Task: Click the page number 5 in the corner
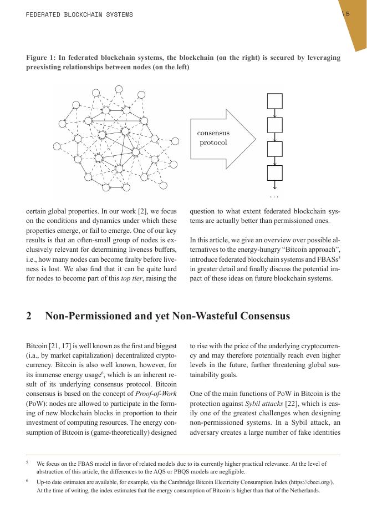348,14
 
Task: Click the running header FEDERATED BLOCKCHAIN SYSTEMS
79,14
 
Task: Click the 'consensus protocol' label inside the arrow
213,138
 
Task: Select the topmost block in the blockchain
275,101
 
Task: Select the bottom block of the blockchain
275,174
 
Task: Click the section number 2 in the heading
29,316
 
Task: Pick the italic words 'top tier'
130,278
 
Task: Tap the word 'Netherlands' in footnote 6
304,490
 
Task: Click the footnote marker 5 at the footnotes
27,461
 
